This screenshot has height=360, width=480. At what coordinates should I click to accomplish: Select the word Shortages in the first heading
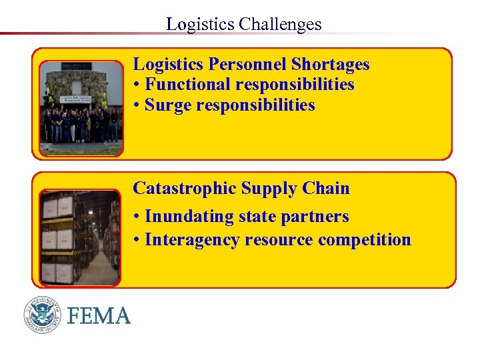pyautogui.click(x=331, y=64)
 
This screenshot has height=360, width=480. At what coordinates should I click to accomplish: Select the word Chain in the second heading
pyautogui.click(x=329, y=189)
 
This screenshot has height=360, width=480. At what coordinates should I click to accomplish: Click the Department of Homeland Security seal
pyautogui.click(x=43, y=315)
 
